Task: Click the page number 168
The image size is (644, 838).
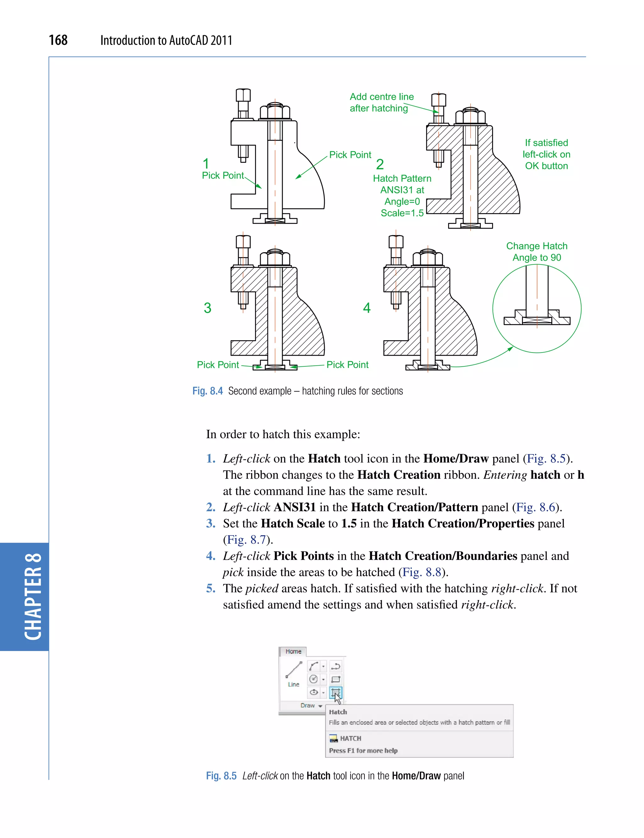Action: [x=58, y=40]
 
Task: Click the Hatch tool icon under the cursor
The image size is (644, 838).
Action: [x=336, y=692]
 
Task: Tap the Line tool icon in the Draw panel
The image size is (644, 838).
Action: [x=294, y=671]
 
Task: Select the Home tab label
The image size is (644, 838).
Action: [x=293, y=651]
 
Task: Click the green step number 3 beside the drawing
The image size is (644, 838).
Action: [x=208, y=308]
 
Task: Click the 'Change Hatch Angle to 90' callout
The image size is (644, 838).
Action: [x=537, y=252]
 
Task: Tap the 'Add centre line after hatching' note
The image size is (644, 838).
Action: [x=381, y=103]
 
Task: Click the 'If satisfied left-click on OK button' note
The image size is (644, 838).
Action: [x=546, y=154]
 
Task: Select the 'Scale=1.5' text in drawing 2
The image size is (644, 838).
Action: [x=402, y=213]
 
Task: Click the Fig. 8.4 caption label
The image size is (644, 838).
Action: [x=208, y=391]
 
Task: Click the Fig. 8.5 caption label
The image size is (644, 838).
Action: [x=221, y=776]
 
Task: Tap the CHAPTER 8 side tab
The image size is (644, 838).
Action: [x=33, y=597]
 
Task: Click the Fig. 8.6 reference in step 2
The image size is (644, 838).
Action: [x=536, y=507]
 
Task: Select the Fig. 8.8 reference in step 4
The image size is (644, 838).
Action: [x=422, y=572]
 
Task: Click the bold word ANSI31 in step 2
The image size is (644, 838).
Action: [x=294, y=507]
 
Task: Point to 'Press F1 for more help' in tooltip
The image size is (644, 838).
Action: [x=363, y=751]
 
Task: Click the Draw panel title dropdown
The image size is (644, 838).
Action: [x=311, y=705]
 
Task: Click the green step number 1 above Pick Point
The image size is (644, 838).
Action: [x=206, y=164]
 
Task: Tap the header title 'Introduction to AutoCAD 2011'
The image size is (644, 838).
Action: [x=166, y=40]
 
